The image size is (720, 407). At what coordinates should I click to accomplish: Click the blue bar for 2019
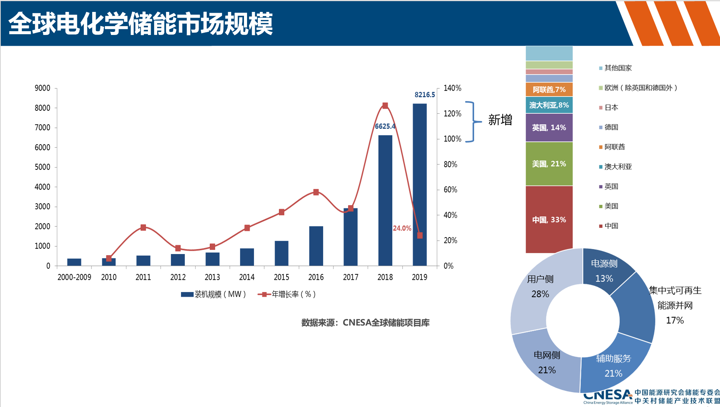(420, 184)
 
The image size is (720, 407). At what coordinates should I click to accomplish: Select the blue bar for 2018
(385, 200)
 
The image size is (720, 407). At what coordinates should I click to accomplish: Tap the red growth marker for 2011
(143, 228)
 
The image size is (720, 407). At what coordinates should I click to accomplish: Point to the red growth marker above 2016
(316, 192)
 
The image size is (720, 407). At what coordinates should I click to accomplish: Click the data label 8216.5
(425, 95)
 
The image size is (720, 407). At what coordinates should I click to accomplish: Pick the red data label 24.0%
(402, 228)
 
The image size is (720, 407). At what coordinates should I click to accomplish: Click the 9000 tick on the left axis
(43, 88)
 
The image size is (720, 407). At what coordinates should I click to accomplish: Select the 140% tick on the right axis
(452, 88)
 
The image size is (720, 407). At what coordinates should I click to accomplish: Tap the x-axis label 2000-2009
(74, 277)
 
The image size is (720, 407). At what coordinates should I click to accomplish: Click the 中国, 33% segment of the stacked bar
(549, 219)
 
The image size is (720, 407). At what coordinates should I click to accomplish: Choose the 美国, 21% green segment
(549, 164)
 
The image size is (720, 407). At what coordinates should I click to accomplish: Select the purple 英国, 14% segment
(549, 127)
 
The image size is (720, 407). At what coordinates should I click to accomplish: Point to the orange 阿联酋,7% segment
(549, 90)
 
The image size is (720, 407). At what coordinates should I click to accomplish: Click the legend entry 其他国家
(618, 68)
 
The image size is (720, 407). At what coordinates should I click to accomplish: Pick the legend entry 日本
(611, 108)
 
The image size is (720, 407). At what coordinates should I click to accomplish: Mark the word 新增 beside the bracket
(500, 120)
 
